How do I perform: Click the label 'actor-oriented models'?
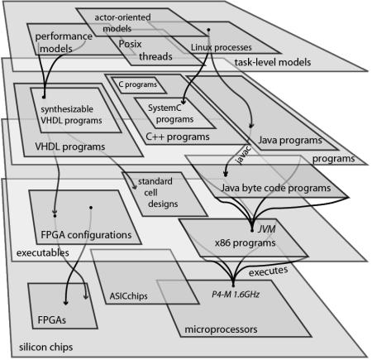click(122, 23)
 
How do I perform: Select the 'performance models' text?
click(64, 42)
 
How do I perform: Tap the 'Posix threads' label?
click(145, 50)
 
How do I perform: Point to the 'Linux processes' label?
click(221, 47)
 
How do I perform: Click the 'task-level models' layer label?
click(273, 62)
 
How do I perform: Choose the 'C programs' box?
click(138, 84)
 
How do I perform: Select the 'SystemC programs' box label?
click(170, 113)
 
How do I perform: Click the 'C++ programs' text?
click(178, 137)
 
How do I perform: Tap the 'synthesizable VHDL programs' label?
click(71, 115)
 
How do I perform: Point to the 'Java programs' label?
click(290, 141)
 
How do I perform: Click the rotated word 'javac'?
click(244, 156)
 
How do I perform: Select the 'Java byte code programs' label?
click(275, 188)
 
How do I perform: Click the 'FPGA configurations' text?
click(86, 235)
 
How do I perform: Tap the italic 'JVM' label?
click(267, 229)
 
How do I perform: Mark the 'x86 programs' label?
click(245, 243)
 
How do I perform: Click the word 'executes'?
click(268, 271)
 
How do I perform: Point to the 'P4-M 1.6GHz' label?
click(236, 295)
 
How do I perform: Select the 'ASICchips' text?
click(128, 296)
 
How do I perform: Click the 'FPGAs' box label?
click(51, 320)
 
